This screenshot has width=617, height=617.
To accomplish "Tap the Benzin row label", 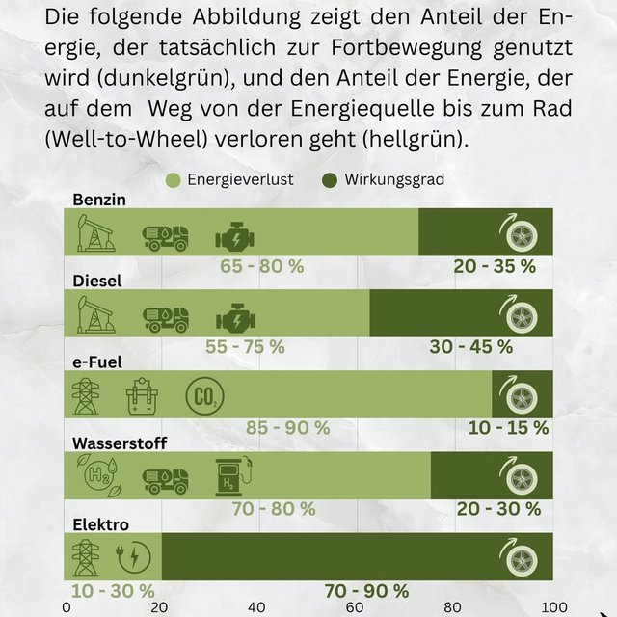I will pos(99,200).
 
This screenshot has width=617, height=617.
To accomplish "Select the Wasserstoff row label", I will pos(120,443).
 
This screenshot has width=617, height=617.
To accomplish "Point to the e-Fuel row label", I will pos(100,362).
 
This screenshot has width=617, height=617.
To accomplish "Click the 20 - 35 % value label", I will pos(495,266).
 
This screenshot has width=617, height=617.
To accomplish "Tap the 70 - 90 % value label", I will pos(366,590).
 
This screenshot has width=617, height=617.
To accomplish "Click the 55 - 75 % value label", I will pos(245,346).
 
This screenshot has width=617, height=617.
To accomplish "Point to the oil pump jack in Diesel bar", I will pos(95,314).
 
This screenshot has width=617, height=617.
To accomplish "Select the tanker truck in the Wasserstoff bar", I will pos(165,476).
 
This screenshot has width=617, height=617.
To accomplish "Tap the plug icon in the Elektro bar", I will pos(133,557).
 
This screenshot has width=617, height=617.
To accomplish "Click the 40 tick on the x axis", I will pos(256,607).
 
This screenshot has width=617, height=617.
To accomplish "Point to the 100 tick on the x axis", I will pos(551,607).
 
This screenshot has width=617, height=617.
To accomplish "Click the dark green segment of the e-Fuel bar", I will pos(522,394).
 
